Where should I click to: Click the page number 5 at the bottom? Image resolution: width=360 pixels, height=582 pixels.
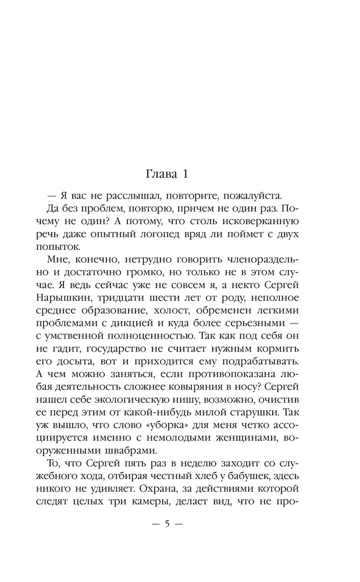click(x=166, y=523)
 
